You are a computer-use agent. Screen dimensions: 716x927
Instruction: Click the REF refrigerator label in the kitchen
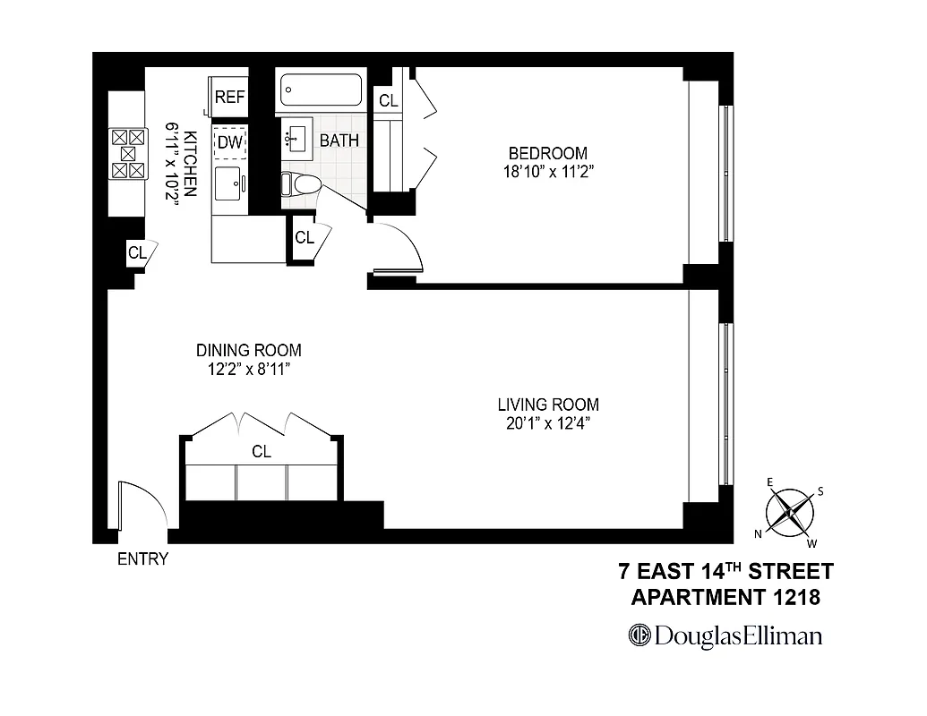coord(229,98)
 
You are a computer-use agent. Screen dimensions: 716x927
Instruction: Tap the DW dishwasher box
coord(229,142)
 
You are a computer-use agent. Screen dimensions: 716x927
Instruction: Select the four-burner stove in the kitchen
coord(127,153)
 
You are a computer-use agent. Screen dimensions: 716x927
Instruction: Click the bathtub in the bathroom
coord(322,91)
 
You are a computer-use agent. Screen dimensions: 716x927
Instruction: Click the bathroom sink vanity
coord(296,139)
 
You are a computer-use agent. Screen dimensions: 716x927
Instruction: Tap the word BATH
coord(339,141)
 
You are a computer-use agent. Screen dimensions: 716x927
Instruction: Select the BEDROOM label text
coord(548,153)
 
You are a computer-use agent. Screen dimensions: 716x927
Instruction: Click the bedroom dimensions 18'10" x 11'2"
coord(548,171)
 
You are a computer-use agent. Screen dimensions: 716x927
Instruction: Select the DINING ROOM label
coord(249,350)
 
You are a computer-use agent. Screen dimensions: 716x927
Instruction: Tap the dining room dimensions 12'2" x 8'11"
coord(249,368)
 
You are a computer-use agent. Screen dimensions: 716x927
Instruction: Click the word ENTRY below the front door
coord(142,559)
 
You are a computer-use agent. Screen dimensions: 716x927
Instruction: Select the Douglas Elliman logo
coord(725,635)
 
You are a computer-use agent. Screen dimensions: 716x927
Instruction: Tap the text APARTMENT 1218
coord(725,596)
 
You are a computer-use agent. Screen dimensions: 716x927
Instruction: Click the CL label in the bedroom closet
coord(388,101)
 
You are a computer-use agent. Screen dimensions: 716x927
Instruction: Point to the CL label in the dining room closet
coord(261,452)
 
